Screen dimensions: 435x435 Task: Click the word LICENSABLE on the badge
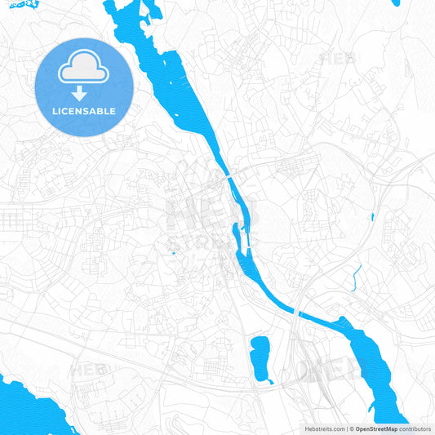click(x=84, y=111)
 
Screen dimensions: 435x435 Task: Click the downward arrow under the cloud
click(x=84, y=93)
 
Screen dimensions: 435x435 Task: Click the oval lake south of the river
click(x=261, y=357)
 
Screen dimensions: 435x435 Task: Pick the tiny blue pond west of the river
click(x=173, y=253)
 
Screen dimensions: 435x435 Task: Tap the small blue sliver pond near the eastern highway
click(x=371, y=216)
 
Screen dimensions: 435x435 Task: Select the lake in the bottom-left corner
click(x=29, y=408)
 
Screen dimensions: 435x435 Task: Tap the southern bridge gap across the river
click(x=299, y=313)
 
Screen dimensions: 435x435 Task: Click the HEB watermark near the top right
click(x=340, y=58)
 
